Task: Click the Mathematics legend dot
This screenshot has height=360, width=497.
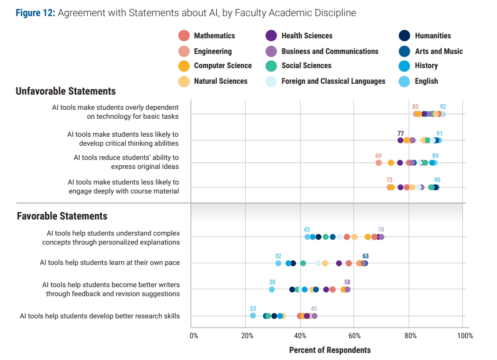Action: (x=184, y=35)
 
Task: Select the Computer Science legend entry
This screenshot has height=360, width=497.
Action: (x=222, y=66)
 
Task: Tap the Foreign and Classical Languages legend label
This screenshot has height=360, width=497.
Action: (x=333, y=81)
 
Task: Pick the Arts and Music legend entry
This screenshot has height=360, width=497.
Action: (x=439, y=51)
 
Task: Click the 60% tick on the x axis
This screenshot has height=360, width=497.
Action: (x=355, y=336)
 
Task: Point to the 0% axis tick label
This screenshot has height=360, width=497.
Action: (x=194, y=336)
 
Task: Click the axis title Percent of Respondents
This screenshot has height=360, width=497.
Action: (x=330, y=350)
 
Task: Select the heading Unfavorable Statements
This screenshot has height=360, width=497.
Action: (x=66, y=91)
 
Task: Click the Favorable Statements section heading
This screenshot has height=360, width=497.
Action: (x=62, y=216)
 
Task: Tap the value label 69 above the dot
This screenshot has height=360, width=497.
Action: (x=378, y=156)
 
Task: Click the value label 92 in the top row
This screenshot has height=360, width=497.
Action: (x=443, y=107)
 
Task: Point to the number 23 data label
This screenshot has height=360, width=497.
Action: (x=253, y=308)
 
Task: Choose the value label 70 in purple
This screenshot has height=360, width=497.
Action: (x=381, y=230)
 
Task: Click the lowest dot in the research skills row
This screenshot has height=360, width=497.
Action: (x=253, y=316)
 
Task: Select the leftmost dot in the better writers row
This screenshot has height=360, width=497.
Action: (x=272, y=290)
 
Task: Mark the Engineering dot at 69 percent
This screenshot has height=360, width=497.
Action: (x=378, y=163)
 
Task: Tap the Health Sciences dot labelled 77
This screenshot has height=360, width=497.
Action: (x=400, y=140)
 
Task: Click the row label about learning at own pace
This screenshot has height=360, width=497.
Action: (x=110, y=263)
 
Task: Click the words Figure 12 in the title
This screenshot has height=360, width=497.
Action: (x=35, y=13)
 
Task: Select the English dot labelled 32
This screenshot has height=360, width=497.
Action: (x=278, y=263)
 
